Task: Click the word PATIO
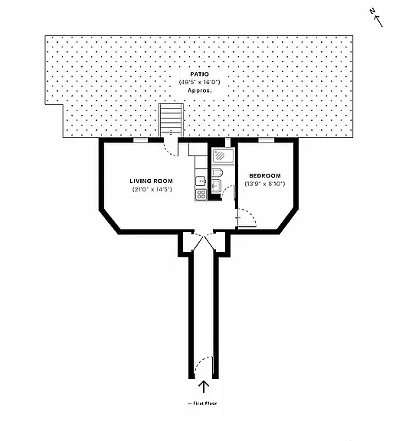[x=199, y=74]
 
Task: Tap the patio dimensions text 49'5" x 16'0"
[x=199, y=83]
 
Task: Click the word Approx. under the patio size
[x=199, y=90]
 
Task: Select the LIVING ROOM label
[x=152, y=181]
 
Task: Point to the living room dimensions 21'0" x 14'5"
[x=152, y=189]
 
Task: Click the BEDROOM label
[x=265, y=176]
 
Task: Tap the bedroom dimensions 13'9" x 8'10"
[x=265, y=184]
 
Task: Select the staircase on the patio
[x=171, y=120]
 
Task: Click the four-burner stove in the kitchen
[x=201, y=194]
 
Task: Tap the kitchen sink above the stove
[x=201, y=181]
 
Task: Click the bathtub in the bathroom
[x=224, y=156]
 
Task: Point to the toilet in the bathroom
[x=217, y=172]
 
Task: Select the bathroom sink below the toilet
[x=217, y=185]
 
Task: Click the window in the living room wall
[x=140, y=140]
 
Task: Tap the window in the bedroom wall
[x=267, y=140]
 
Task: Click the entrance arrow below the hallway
[x=204, y=387]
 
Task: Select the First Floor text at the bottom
[x=203, y=403]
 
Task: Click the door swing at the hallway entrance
[x=203, y=367]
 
